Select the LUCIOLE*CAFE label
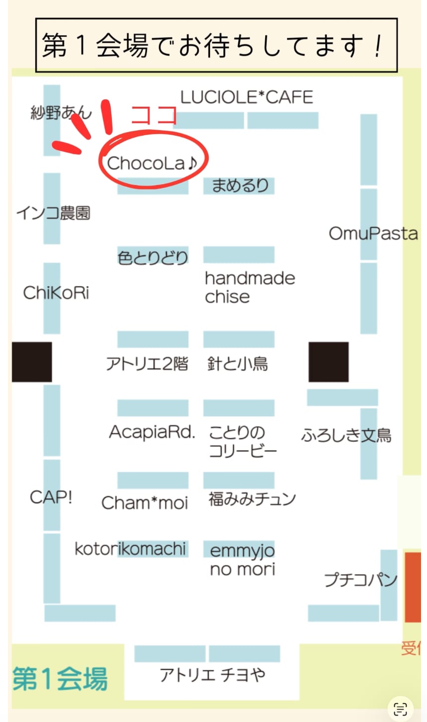(247, 97)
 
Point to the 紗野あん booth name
(61, 113)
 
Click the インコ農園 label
(53, 213)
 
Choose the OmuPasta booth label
(373, 233)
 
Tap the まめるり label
(240, 185)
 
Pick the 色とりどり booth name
(153, 257)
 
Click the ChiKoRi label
(56, 292)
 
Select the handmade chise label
(249, 287)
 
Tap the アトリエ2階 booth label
(147, 364)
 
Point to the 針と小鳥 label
(237, 364)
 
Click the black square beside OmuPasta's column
(328, 362)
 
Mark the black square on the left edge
(32, 362)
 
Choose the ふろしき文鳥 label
(346, 435)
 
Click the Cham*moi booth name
(144, 503)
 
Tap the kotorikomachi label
(130, 549)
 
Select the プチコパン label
(360, 579)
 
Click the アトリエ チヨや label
(213, 675)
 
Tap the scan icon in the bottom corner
(400, 709)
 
